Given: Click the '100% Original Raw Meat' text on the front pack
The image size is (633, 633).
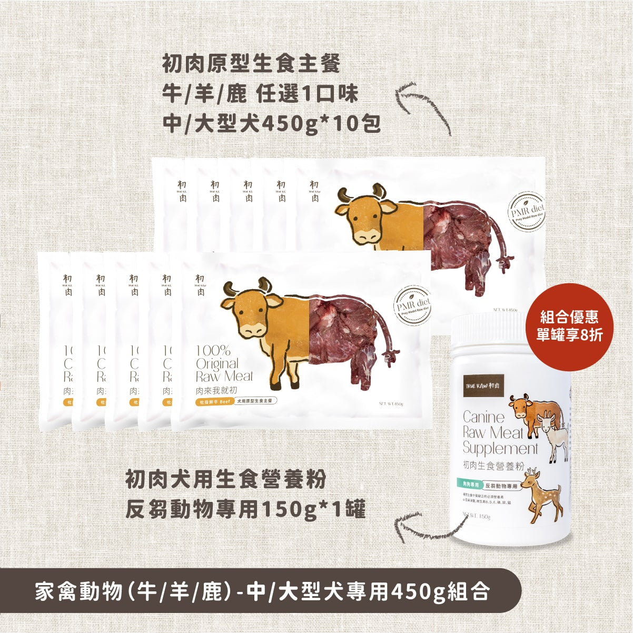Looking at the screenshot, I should pyautogui.click(x=224, y=363).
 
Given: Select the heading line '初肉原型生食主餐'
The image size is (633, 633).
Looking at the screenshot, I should pyautogui.click(x=252, y=66).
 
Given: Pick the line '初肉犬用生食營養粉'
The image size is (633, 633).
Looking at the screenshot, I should pyautogui.click(x=225, y=480).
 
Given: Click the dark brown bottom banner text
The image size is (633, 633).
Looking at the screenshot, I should pyautogui.click(x=262, y=590).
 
